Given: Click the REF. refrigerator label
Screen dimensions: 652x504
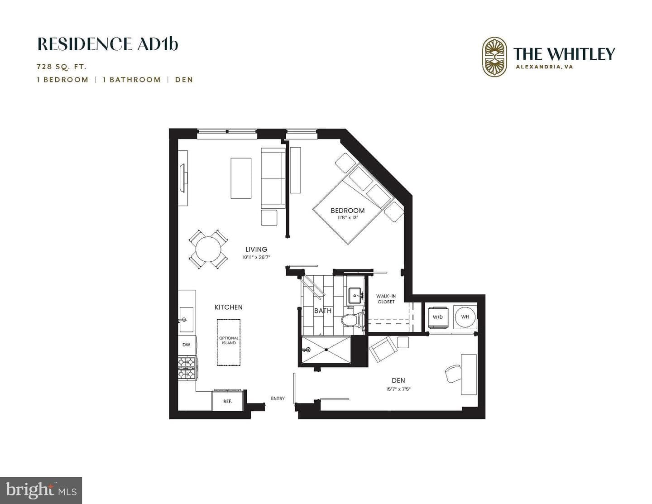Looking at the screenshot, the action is coord(227,401).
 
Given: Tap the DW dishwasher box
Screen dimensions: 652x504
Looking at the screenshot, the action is coord(187,345).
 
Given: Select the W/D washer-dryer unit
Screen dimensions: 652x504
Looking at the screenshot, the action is coord(438,317).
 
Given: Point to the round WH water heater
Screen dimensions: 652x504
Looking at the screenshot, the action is coord(465,317).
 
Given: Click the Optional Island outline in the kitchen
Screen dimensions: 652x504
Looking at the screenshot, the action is coord(229,342).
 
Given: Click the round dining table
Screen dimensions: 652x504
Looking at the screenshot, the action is coord(208,250).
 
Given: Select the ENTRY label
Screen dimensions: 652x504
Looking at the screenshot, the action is coord(278,398).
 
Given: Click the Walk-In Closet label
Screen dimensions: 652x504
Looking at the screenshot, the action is coord(386,299).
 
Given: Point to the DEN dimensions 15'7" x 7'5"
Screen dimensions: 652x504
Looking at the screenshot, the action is coord(398,389).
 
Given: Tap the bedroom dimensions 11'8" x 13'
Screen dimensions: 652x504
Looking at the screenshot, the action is coord(347,217).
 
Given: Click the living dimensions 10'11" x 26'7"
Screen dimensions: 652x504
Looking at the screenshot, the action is coord(256,257).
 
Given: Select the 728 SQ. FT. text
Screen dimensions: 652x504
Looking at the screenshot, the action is coord(62,67).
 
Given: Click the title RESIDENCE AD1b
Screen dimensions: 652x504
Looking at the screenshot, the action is coord(108,44).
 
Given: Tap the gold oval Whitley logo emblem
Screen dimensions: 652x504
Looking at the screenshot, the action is coord(494,57).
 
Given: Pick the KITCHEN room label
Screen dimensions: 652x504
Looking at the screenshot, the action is coord(229,307).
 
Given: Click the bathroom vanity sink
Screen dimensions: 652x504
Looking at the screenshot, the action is coord(356,295).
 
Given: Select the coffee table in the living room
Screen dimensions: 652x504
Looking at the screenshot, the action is coord(241,178).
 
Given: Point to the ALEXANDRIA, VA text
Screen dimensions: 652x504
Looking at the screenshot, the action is coord(544,67).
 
